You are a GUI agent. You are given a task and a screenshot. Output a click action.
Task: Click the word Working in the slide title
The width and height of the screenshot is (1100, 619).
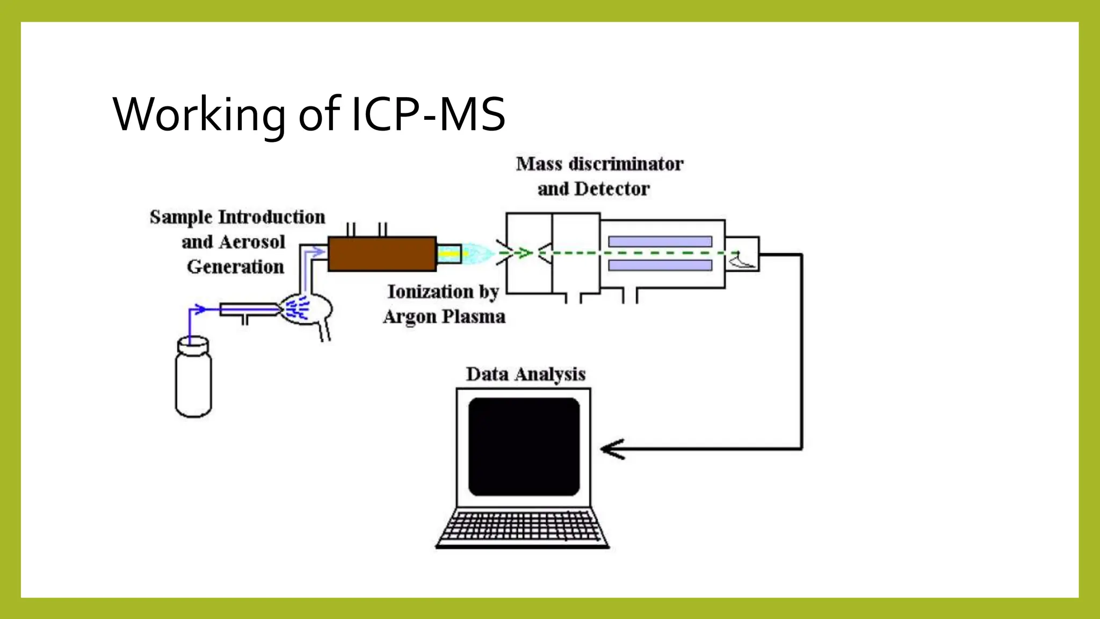(x=199, y=114)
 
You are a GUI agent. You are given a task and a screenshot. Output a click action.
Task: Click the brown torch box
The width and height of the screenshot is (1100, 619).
(x=382, y=254)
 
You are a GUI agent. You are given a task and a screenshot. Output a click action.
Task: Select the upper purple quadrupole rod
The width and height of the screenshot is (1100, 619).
(x=660, y=242)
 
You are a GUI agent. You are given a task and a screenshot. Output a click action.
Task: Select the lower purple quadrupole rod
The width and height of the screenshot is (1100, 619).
(x=660, y=265)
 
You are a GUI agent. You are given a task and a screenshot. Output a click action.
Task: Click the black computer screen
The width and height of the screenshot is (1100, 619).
(x=524, y=447)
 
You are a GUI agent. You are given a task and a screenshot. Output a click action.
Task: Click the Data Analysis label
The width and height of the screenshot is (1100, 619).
(x=525, y=374)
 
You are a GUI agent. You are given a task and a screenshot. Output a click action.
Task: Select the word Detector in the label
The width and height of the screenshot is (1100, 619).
(x=612, y=189)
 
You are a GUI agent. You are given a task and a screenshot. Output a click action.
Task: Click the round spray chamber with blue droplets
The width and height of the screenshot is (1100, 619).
(x=306, y=309)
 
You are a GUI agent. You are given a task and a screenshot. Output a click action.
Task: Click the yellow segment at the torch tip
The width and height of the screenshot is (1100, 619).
(x=449, y=254)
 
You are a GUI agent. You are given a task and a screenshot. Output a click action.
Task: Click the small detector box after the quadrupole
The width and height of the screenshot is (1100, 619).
(x=742, y=254)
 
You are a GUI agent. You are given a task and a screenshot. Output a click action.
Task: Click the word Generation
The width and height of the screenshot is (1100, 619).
(x=235, y=267)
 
